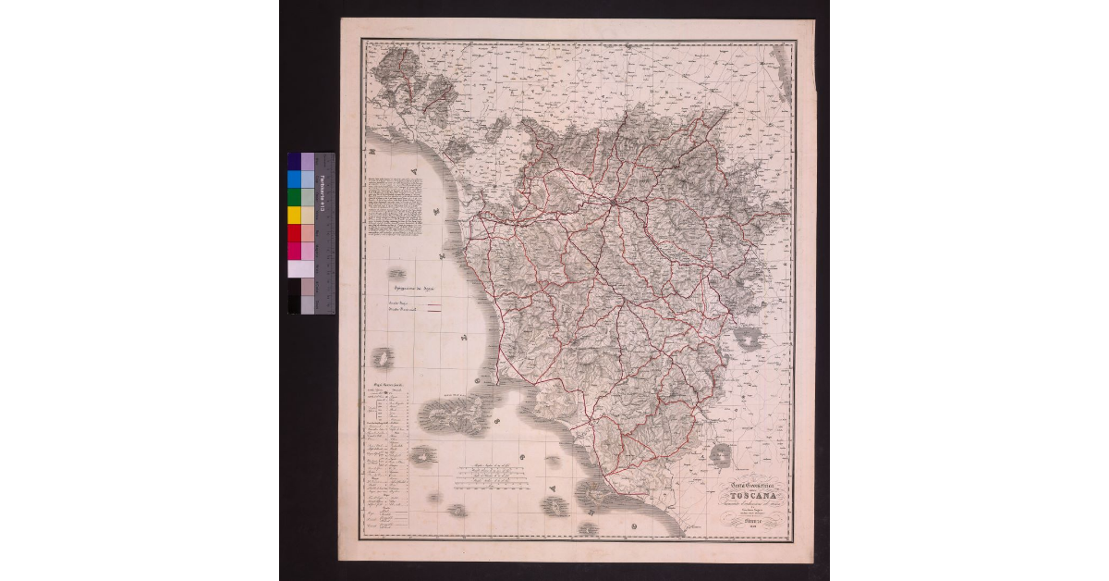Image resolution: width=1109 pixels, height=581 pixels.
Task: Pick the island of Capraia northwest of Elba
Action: click(381, 357)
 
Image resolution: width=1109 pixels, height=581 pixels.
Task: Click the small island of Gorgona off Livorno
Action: click(398, 274)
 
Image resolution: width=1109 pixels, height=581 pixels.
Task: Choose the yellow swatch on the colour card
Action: click(294, 215)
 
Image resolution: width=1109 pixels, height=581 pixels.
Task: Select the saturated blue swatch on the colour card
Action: click(294, 179)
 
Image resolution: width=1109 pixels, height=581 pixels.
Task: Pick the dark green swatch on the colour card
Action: click(294, 197)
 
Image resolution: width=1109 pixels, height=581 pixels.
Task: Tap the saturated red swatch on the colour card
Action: click(294, 232)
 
